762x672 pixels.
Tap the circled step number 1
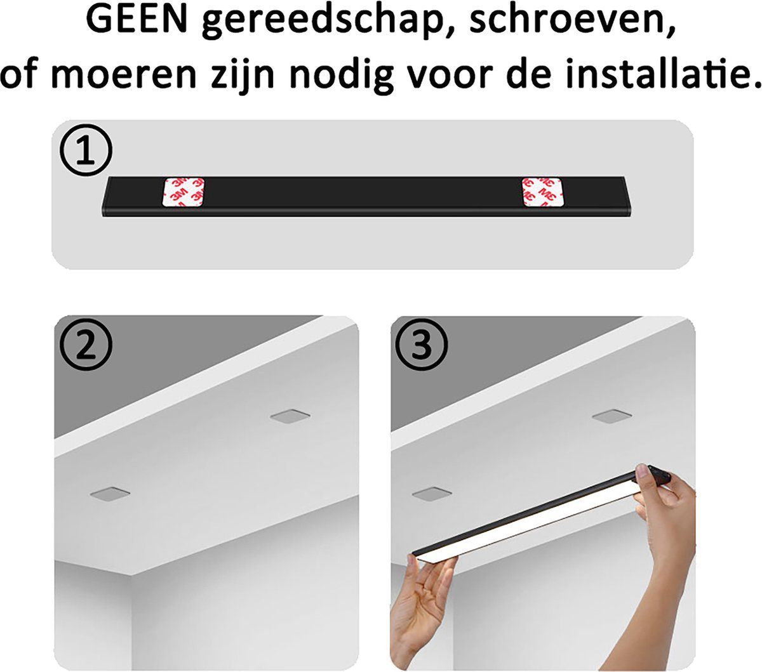pyautogui.click(x=86, y=150)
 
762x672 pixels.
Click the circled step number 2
pyautogui.click(x=86, y=345)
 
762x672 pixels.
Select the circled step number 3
pyautogui.click(x=422, y=345)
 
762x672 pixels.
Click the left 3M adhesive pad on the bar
pyautogui.click(x=184, y=192)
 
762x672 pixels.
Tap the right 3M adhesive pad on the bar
pyautogui.click(x=542, y=192)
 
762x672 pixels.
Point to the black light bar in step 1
pyautogui.click(x=366, y=196)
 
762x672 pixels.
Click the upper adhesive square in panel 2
pyautogui.click(x=290, y=416)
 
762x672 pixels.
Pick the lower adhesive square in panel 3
pyautogui.click(x=432, y=493)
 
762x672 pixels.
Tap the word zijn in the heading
pyautogui.click(x=243, y=74)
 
